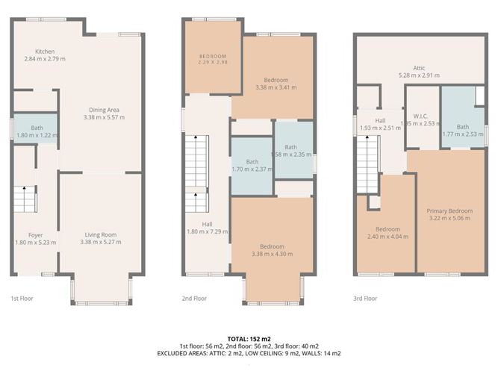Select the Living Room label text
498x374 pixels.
[x=100, y=235]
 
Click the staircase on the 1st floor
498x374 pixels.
[x=26, y=199]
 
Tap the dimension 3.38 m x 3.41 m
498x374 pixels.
[x=276, y=87]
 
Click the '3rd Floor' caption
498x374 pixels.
[x=365, y=299]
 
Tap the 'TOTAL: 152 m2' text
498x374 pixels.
[x=249, y=339]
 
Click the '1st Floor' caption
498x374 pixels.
[x=22, y=299]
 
